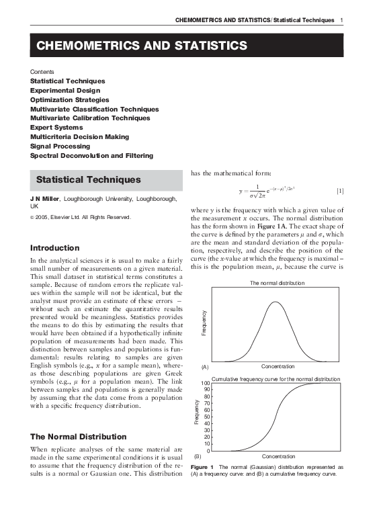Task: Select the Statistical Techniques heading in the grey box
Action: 88,180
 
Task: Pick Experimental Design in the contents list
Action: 65,90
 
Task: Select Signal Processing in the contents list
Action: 60,146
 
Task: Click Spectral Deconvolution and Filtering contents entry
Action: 91,155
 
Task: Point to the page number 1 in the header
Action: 342,21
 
